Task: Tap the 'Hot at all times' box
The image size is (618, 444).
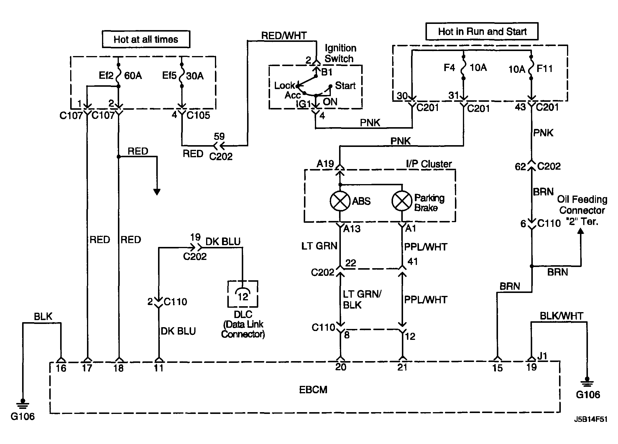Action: pos(146,39)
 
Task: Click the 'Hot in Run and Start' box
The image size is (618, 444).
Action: pos(482,31)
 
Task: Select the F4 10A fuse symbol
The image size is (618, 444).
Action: pos(463,67)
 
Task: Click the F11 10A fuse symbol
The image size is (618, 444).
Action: pos(531,68)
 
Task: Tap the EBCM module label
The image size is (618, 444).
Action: pos(313,390)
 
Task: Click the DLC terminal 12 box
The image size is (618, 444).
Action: pos(243,294)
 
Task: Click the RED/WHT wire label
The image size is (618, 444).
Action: pos(284,35)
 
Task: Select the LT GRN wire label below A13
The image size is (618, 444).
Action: pos(319,246)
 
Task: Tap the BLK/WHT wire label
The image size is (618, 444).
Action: pos(561,316)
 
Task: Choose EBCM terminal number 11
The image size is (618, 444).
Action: pos(159,368)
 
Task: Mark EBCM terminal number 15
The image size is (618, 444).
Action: pos(497,368)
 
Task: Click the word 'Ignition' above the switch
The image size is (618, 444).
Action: pos(341,48)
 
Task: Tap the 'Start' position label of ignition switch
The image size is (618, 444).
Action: pos(345,86)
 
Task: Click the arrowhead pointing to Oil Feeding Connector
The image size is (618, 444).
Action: pos(581,232)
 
